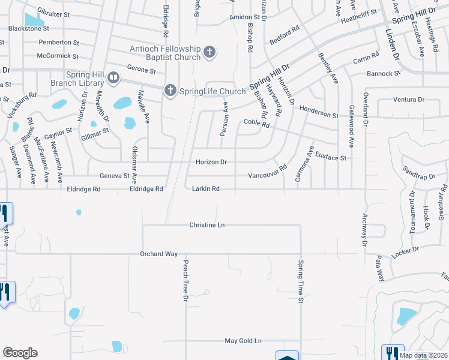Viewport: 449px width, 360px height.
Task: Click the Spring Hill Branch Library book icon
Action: (x=112, y=78)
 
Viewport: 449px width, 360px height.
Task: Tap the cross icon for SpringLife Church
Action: (x=170, y=91)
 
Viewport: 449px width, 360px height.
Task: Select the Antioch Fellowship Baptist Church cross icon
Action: (x=209, y=52)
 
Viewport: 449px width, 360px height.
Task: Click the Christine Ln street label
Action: (x=207, y=225)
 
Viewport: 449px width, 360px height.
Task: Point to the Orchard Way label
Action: (x=159, y=254)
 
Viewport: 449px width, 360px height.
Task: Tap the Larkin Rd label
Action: (x=205, y=189)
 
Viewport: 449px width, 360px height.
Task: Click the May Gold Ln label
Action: (x=243, y=341)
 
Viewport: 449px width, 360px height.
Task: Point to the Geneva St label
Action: (x=114, y=176)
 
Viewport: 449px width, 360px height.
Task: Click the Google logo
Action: (x=20, y=353)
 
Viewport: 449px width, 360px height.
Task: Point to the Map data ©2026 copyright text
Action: (x=424, y=355)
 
